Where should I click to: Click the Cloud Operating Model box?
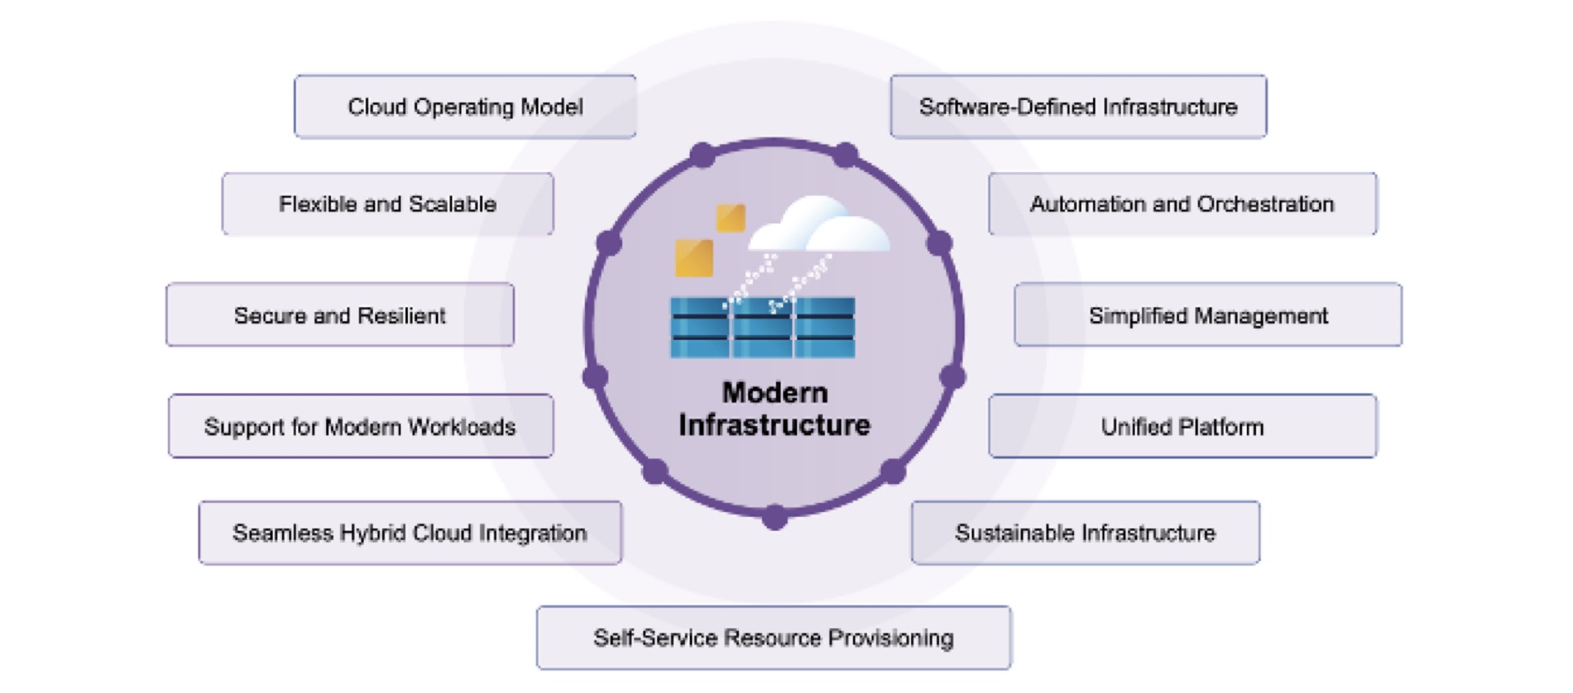465,106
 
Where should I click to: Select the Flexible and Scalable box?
388,204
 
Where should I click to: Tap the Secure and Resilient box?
340,315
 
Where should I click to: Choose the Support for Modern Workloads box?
360,426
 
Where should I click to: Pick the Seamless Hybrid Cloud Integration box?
410,532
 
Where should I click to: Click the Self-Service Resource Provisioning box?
773,637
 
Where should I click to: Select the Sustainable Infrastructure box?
1085,532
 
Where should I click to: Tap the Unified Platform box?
1182,426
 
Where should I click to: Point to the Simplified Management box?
1208,315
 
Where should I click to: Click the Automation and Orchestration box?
1182,204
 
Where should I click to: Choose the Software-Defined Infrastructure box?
1078,106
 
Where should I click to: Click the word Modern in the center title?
774,392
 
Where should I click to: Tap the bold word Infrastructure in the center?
774,425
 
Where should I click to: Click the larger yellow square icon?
694,258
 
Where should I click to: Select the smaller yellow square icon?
731,218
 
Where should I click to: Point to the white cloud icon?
819,225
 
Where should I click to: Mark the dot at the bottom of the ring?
774,518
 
